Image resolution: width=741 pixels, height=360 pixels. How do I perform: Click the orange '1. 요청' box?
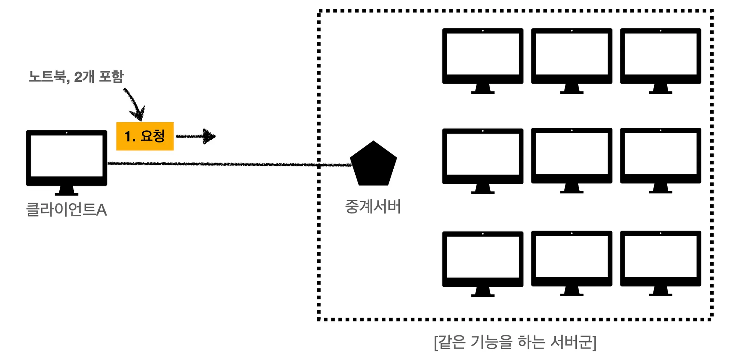[x=145, y=136]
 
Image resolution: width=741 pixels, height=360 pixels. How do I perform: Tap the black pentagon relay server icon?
[x=373, y=165]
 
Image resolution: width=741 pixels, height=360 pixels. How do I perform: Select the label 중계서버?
[x=373, y=207]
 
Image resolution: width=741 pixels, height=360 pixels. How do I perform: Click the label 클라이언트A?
[x=67, y=210]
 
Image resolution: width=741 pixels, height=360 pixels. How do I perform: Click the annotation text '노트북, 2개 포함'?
[x=76, y=77]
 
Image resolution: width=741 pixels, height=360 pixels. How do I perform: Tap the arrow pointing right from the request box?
[x=196, y=136]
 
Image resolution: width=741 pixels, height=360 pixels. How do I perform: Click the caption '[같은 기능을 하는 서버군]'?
[x=515, y=342]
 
